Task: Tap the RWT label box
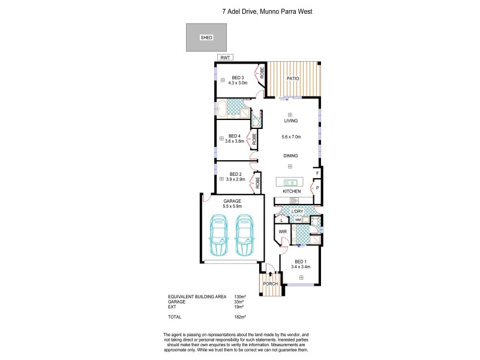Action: pos(224,58)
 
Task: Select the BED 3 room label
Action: pos(238,77)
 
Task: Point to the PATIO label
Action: pos(292,79)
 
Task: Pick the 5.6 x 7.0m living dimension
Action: pos(291,137)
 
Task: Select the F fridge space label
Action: pos(317,173)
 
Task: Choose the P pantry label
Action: pos(317,188)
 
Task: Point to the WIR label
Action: pos(282,231)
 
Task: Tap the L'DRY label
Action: pos(296,212)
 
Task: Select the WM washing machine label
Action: pos(298,220)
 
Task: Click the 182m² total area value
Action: pos(240,316)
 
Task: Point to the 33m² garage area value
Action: pos(239,302)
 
